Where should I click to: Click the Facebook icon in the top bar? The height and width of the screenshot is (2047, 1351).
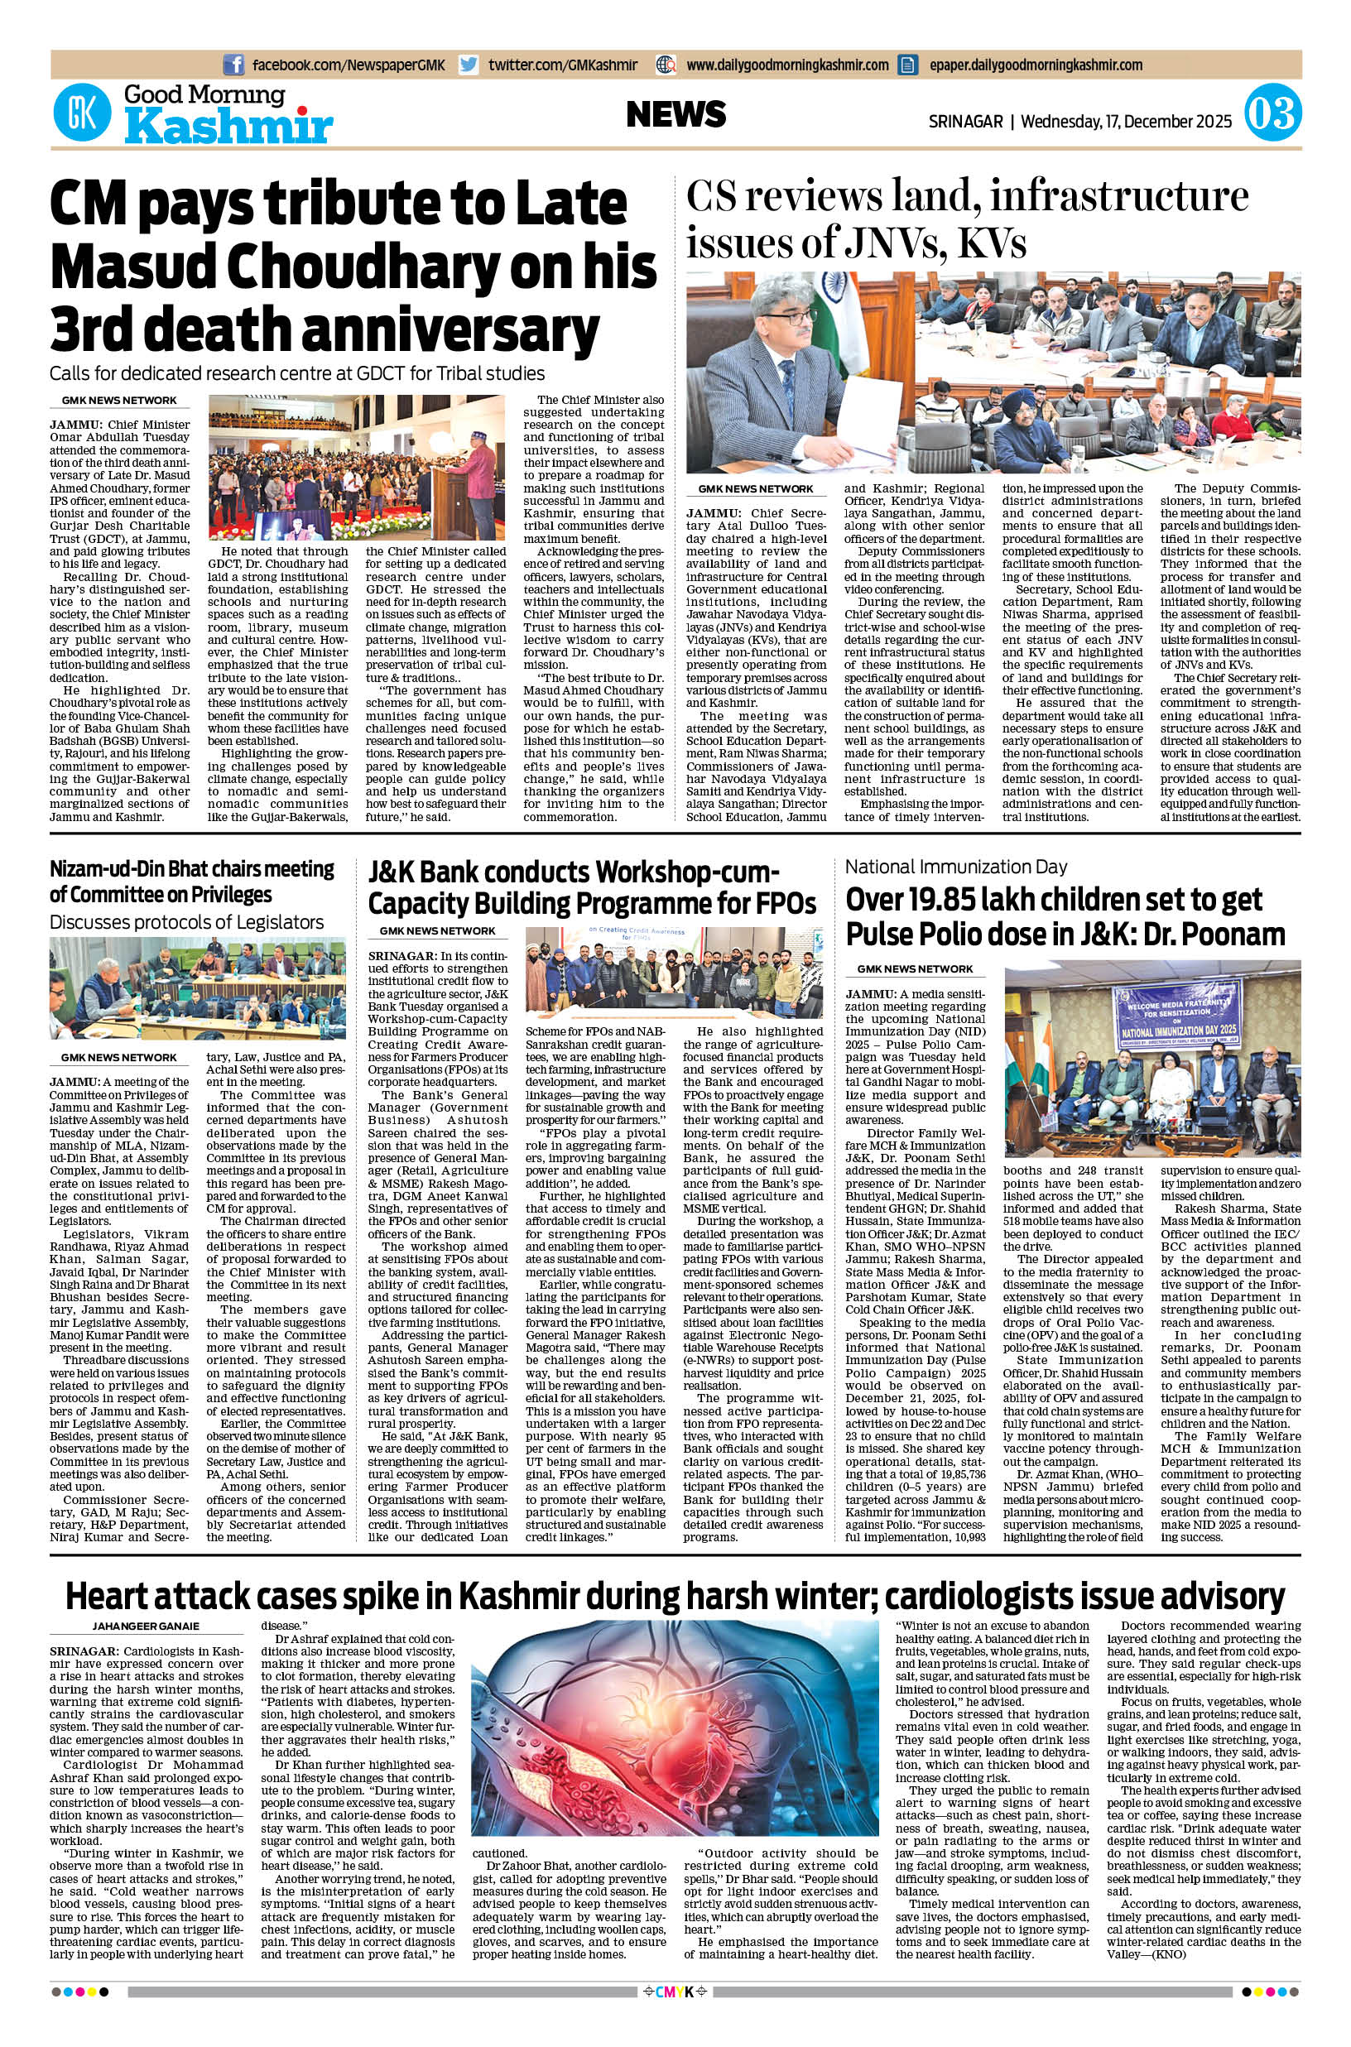pyautogui.click(x=233, y=65)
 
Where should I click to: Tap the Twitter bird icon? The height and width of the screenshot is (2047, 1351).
pyautogui.click(x=469, y=65)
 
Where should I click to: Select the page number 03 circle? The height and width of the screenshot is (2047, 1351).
pyautogui.click(x=1272, y=114)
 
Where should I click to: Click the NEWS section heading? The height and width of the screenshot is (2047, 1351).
pyautogui.click(x=675, y=114)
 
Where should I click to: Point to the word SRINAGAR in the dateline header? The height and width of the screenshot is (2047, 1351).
pyautogui.click(x=965, y=122)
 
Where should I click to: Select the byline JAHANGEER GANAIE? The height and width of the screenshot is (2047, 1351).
pyautogui.click(x=146, y=1626)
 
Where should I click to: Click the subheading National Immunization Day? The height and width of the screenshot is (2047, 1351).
pyautogui.click(x=955, y=867)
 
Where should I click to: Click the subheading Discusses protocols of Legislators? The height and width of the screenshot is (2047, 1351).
pyautogui.click(x=186, y=922)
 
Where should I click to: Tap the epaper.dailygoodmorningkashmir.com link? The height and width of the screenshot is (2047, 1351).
pyautogui.click(x=1036, y=65)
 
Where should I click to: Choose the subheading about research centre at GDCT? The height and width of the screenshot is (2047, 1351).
pyautogui.click(x=297, y=373)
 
